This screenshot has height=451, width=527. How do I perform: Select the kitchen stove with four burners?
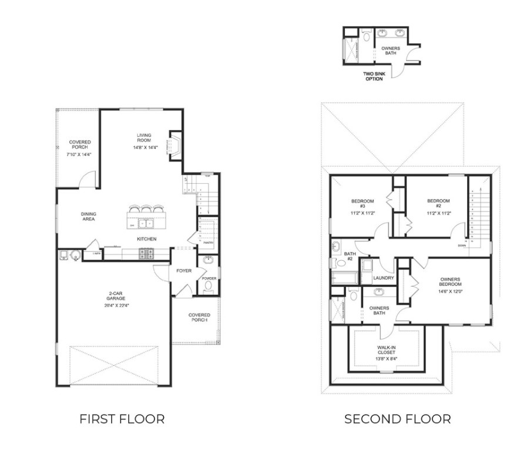[146, 254]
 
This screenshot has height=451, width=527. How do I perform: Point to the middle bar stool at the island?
[145, 209]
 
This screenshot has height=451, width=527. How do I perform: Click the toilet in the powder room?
[208, 287]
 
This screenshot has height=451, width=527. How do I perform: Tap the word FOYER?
[184, 271]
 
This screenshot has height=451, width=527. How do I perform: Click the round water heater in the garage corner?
[75, 254]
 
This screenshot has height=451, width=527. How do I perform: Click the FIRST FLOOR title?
[122, 419]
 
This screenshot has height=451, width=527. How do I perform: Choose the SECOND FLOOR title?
[397, 419]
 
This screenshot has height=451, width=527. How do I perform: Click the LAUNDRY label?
[382, 277]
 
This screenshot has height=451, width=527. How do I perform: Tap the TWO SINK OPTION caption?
[374, 76]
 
